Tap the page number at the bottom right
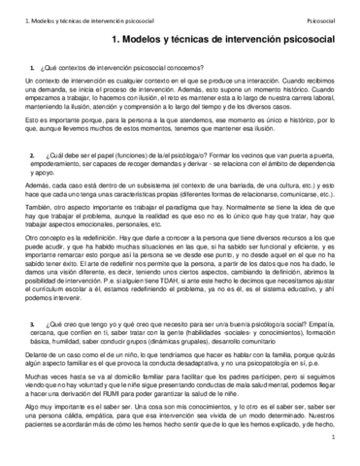tap(332, 440)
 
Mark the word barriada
tap(253, 183)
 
